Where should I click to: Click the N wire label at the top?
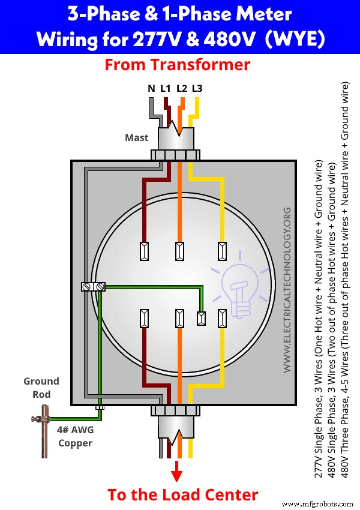[151, 89]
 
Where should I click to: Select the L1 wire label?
[166, 89]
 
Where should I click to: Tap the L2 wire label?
[181, 89]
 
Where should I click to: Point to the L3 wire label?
[197, 89]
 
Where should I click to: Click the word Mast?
[136, 137]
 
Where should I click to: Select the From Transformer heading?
[177, 65]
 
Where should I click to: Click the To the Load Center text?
[182, 494]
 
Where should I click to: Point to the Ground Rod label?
[41, 388]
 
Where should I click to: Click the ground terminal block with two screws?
[93, 287]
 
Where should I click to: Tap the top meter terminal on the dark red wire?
[144, 251]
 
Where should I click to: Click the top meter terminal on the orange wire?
[178, 251]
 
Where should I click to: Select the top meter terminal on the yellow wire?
[223, 251]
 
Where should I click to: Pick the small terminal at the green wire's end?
[202, 318]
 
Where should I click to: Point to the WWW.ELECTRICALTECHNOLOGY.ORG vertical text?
[287, 288]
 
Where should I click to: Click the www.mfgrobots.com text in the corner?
[318, 503]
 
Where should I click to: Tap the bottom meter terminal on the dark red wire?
[144, 318]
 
